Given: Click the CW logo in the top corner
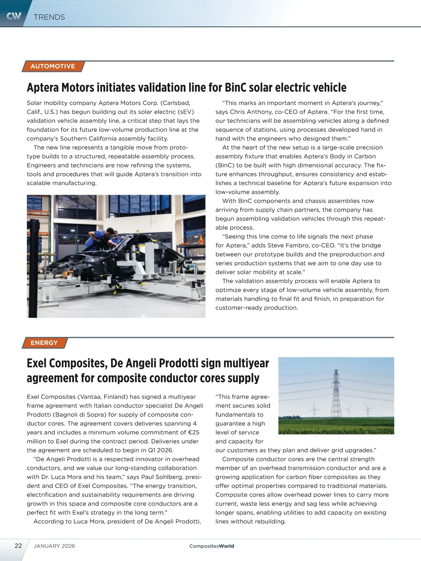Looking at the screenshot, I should (14, 16).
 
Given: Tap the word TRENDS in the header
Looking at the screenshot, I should (49, 17).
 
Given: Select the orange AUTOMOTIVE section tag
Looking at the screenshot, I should (53, 66).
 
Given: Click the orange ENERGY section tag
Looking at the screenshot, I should (44, 343).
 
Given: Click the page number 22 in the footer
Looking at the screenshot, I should (18, 546).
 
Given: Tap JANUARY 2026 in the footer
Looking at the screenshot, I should (54, 546).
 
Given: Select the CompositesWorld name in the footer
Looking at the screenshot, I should (212, 546).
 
